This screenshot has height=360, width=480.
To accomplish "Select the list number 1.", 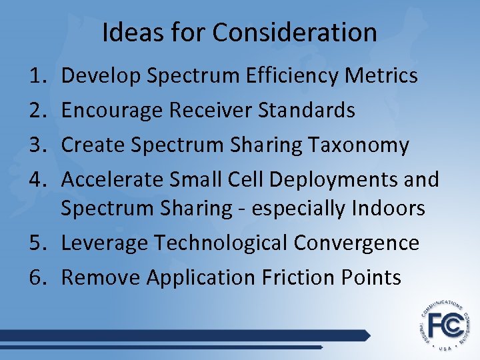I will [x=37, y=76].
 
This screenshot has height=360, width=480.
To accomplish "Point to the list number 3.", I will [x=37, y=145].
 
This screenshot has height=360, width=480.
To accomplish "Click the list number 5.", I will [x=37, y=243].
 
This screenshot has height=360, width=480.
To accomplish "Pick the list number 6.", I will [x=37, y=277].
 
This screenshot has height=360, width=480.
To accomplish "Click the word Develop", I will [x=101, y=76].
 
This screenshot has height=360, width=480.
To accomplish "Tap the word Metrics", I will [x=381, y=76].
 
